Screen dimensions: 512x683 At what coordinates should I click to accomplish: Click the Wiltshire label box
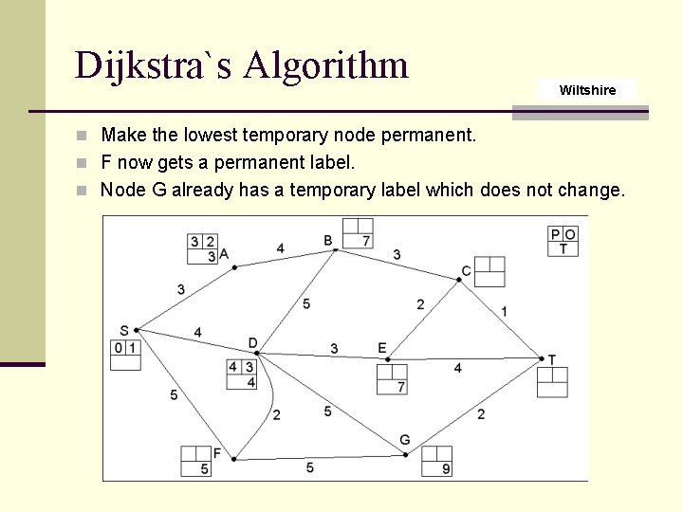point(587,90)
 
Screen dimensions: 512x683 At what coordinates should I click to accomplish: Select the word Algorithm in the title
point(325,65)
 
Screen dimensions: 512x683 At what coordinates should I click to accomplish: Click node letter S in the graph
point(124,331)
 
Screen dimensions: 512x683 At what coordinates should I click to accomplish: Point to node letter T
point(551,359)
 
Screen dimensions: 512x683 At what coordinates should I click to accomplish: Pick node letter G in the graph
point(404,440)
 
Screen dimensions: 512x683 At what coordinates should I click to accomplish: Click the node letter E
point(382,348)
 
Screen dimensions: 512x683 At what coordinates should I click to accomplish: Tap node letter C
point(466,271)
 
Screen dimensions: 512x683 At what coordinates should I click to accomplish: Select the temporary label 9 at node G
point(445,469)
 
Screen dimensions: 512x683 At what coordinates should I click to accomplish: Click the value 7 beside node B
point(365,242)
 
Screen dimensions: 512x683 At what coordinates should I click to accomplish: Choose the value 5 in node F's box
point(204,469)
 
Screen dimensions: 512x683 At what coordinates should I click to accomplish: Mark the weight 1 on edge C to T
point(504,311)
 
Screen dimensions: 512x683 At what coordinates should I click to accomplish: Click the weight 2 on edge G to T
point(481,413)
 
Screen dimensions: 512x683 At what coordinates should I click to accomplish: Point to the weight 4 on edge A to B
point(280,248)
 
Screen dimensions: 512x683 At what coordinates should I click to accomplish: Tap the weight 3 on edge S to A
point(180,289)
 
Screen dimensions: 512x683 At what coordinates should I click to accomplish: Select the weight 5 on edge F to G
point(310,467)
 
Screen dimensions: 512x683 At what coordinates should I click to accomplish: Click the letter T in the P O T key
point(563,248)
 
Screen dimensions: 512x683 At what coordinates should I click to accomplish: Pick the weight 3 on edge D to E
point(334,349)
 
